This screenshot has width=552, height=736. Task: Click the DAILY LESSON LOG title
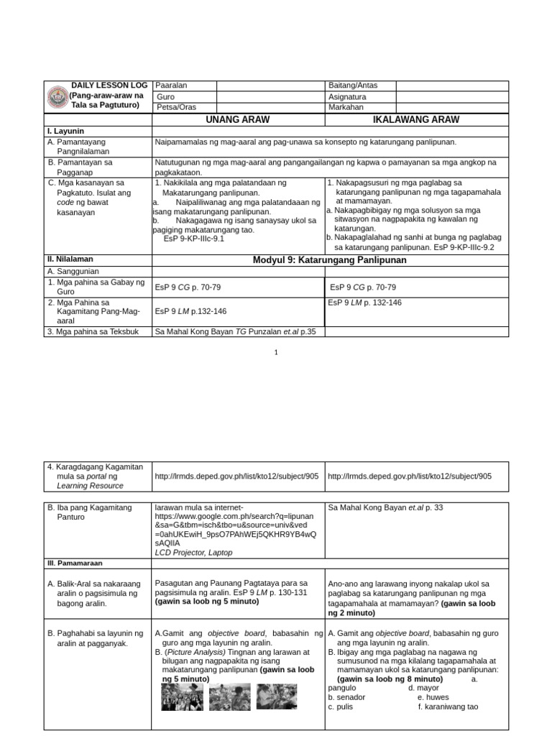coord(106,86)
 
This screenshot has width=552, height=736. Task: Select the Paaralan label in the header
coord(171,86)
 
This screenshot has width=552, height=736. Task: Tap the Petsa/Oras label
coord(176,107)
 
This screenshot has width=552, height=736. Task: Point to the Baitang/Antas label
coord(352,86)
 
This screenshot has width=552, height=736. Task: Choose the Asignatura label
coord(347,96)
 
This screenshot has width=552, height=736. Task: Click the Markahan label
coord(346,107)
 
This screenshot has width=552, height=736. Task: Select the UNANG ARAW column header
coord(238,120)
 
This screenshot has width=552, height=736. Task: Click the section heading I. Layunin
coord(65,132)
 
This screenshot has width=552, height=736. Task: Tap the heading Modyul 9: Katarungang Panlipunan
coord(329,259)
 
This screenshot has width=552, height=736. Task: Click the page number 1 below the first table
coord(276,352)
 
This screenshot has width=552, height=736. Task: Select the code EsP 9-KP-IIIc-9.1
coord(194,239)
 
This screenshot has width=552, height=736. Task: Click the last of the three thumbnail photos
coord(276,696)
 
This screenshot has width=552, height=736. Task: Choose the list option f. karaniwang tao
coord(448,707)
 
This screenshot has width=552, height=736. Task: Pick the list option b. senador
coord(346,697)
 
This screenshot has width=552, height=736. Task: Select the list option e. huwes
coord(433,697)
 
